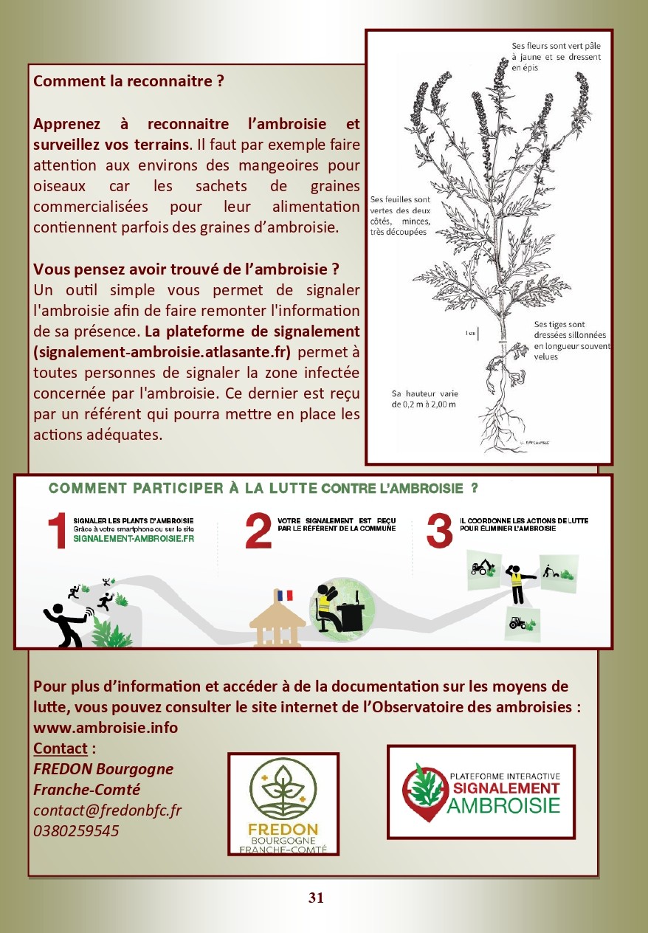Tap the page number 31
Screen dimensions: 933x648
[316, 898]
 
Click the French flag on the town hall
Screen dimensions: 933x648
[283, 594]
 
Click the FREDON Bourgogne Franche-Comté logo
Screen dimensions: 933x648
[283, 804]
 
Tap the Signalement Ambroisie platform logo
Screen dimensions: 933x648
[480, 791]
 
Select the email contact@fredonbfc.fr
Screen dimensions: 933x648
[108, 810]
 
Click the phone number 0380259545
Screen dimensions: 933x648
[76, 830]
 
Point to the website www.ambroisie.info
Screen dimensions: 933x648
[106, 727]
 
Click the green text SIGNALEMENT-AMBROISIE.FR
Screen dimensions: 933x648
[134, 539]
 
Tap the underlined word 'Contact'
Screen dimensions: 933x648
[61, 748]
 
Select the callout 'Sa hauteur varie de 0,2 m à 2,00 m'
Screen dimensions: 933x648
[424, 399]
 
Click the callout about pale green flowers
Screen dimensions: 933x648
[556, 57]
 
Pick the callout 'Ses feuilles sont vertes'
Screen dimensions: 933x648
[401, 216]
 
